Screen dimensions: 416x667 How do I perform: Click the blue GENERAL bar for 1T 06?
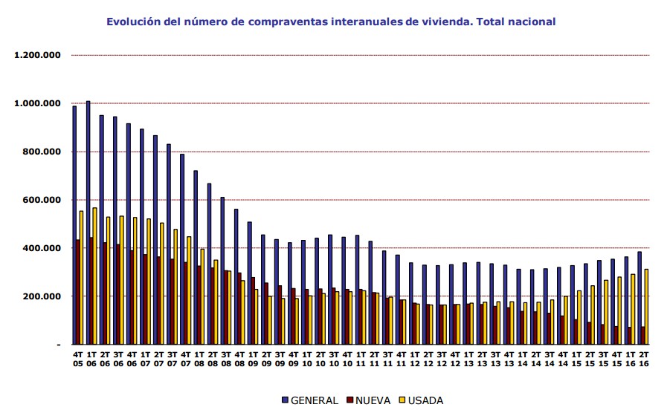[88, 223]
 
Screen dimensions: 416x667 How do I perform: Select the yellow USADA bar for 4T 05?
[81, 278]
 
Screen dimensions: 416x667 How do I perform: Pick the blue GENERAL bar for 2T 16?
[639, 298]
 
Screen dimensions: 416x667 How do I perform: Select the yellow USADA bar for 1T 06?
[94, 276]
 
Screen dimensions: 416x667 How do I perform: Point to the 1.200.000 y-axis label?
[36, 55]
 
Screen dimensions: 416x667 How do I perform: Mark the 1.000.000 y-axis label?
[36, 103]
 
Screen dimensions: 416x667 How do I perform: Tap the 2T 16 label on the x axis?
[643, 359]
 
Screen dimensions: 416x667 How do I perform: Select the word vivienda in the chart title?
[444, 22]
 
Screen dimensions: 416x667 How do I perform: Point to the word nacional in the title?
[531, 22]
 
